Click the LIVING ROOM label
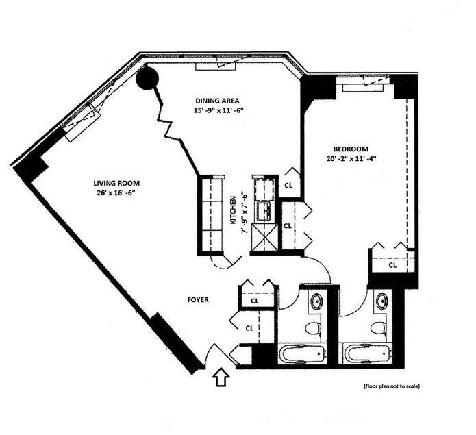pyautogui.click(x=116, y=184)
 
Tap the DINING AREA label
pyautogui.click(x=217, y=101)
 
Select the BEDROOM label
pyautogui.click(x=351, y=149)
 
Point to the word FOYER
pyautogui.click(x=198, y=300)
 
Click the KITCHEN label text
pyautogui.click(x=234, y=210)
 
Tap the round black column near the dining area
pyautogui.click(x=147, y=78)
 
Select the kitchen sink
pyautogui.click(x=265, y=211)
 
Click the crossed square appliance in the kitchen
pyautogui.click(x=264, y=238)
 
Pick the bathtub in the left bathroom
pyautogui.click(x=303, y=353)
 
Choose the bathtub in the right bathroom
pyautogui.click(x=368, y=353)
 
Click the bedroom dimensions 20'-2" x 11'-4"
pyautogui.click(x=351, y=159)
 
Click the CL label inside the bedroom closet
pyautogui.click(x=392, y=265)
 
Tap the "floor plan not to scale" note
pyautogui.click(x=392, y=386)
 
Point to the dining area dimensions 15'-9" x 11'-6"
pyautogui.click(x=218, y=110)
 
